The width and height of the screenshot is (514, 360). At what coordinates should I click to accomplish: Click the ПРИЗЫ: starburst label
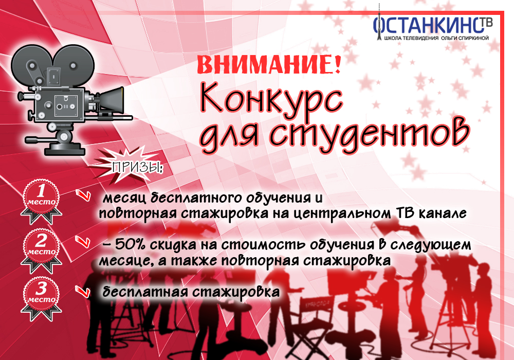click(x=134, y=167)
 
